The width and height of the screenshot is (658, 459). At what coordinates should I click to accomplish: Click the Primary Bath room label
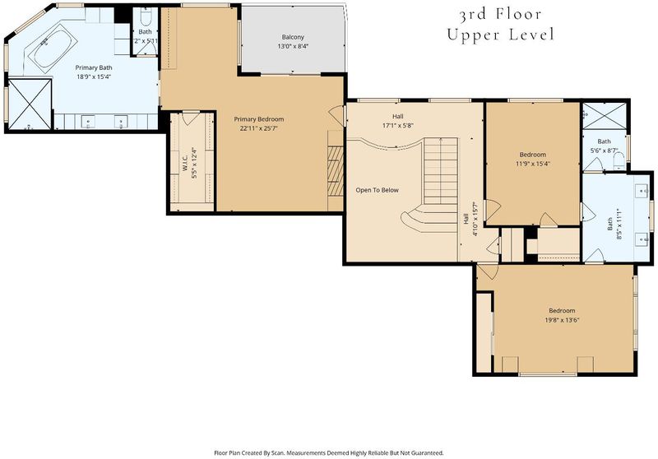click(94, 67)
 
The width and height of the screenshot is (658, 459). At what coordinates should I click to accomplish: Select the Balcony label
click(293, 37)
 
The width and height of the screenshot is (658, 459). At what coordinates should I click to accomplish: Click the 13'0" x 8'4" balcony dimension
click(293, 46)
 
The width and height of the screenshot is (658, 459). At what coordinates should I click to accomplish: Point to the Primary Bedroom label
click(259, 119)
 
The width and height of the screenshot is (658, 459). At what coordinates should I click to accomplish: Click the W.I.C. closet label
click(184, 160)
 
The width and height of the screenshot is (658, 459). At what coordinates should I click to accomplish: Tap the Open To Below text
click(378, 190)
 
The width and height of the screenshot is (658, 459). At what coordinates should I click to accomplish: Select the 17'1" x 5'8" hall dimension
click(398, 125)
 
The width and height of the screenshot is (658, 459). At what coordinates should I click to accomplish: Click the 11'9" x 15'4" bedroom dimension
click(532, 164)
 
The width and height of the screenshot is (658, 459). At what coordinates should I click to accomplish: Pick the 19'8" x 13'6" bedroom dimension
click(562, 320)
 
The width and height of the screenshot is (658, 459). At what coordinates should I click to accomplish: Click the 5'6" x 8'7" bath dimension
click(605, 151)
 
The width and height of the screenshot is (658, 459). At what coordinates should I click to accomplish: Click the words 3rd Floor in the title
click(500, 15)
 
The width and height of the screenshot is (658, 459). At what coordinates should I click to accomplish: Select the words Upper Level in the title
click(500, 35)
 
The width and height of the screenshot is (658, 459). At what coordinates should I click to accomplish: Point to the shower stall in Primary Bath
click(30, 104)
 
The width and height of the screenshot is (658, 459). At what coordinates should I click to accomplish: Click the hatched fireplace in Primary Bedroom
click(336, 171)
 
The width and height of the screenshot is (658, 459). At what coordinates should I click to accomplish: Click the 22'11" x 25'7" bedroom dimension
click(259, 128)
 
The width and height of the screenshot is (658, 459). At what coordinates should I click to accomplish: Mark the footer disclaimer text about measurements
click(329, 453)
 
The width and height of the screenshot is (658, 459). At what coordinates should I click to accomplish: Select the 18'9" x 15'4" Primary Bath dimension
click(94, 76)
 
